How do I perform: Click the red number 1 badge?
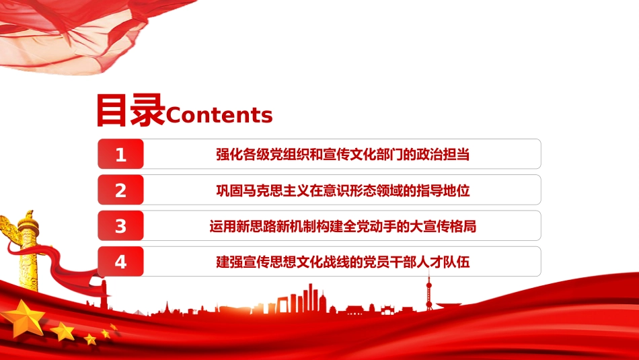point(120,154)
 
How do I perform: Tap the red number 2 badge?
point(120,190)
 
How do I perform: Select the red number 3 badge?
point(120,226)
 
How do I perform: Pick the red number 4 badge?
point(120,261)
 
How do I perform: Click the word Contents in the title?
point(219,115)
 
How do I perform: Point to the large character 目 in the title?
point(111,110)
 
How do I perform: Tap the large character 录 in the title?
point(147,110)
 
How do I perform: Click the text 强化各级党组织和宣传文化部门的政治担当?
point(343,155)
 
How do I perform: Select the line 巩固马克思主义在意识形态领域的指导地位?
point(343,190)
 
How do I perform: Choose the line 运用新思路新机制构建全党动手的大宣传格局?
point(343,226)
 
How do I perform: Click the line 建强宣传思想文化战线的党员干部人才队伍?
point(343,262)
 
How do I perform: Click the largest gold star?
point(24,319)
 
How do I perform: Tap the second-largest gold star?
point(63,331)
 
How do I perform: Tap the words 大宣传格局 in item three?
point(443,226)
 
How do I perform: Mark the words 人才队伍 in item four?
point(443,262)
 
